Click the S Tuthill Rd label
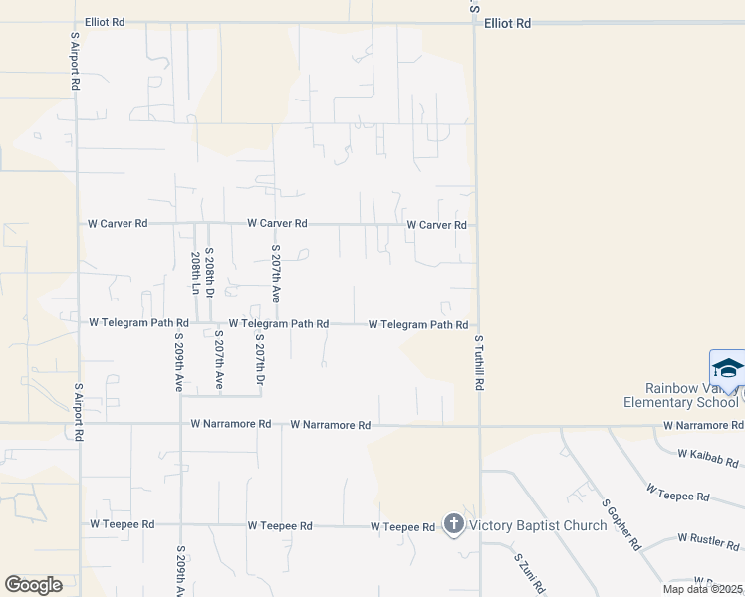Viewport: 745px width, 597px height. point(479,361)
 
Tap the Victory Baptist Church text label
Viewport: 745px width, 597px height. point(538,525)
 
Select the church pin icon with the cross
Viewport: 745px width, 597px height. point(453,523)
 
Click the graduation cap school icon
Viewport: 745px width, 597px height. point(728,369)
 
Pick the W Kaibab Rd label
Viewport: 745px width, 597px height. point(708,458)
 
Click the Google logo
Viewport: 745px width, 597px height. point(33,584)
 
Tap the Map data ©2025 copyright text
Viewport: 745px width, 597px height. point(702,589)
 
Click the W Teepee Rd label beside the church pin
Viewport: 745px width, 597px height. point(402,526)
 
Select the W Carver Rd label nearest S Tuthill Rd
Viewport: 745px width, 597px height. point(436,225)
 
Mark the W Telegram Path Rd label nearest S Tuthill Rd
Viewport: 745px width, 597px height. point(418,324)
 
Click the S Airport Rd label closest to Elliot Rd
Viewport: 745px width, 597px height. point(75,60)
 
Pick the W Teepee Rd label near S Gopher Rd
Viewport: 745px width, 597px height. point(677,494)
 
